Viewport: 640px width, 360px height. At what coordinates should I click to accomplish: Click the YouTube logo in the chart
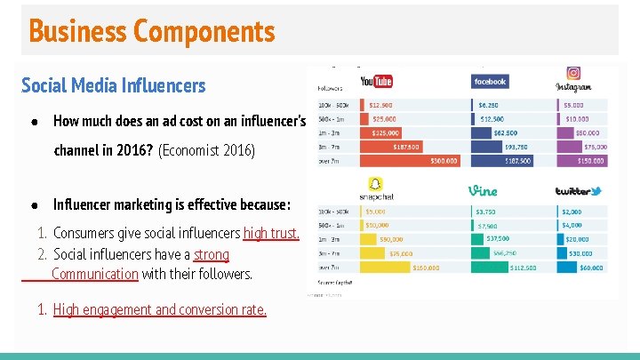tap(376, 82)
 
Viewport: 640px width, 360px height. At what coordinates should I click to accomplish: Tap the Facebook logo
tap(490, 82)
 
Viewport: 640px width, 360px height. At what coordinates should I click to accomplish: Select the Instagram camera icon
tap(573, 75)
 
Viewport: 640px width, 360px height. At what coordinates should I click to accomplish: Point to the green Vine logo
tap(483, 190)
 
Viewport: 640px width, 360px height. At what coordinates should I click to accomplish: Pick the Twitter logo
tap(578, 191)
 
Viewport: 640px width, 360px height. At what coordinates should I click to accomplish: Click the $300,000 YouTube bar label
tap(444, 162)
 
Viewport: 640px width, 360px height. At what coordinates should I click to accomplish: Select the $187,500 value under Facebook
tap(518, 162)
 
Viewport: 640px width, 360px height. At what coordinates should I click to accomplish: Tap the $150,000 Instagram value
tap(592, 162)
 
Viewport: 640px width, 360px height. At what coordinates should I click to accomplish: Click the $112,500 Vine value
tap(523, 267)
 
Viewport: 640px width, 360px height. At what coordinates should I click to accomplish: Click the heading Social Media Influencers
tap(113, 85)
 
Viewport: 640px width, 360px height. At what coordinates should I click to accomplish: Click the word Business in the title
tap(78, 32)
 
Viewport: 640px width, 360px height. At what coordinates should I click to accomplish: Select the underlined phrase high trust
tap(271, 234)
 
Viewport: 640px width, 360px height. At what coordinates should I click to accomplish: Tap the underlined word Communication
tap(95, 274)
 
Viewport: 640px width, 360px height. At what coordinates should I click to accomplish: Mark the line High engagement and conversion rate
tap(159, 310)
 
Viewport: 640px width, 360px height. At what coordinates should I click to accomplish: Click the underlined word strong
tap(212, 255)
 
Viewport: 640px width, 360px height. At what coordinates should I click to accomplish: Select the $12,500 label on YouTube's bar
tap(381, 105)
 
